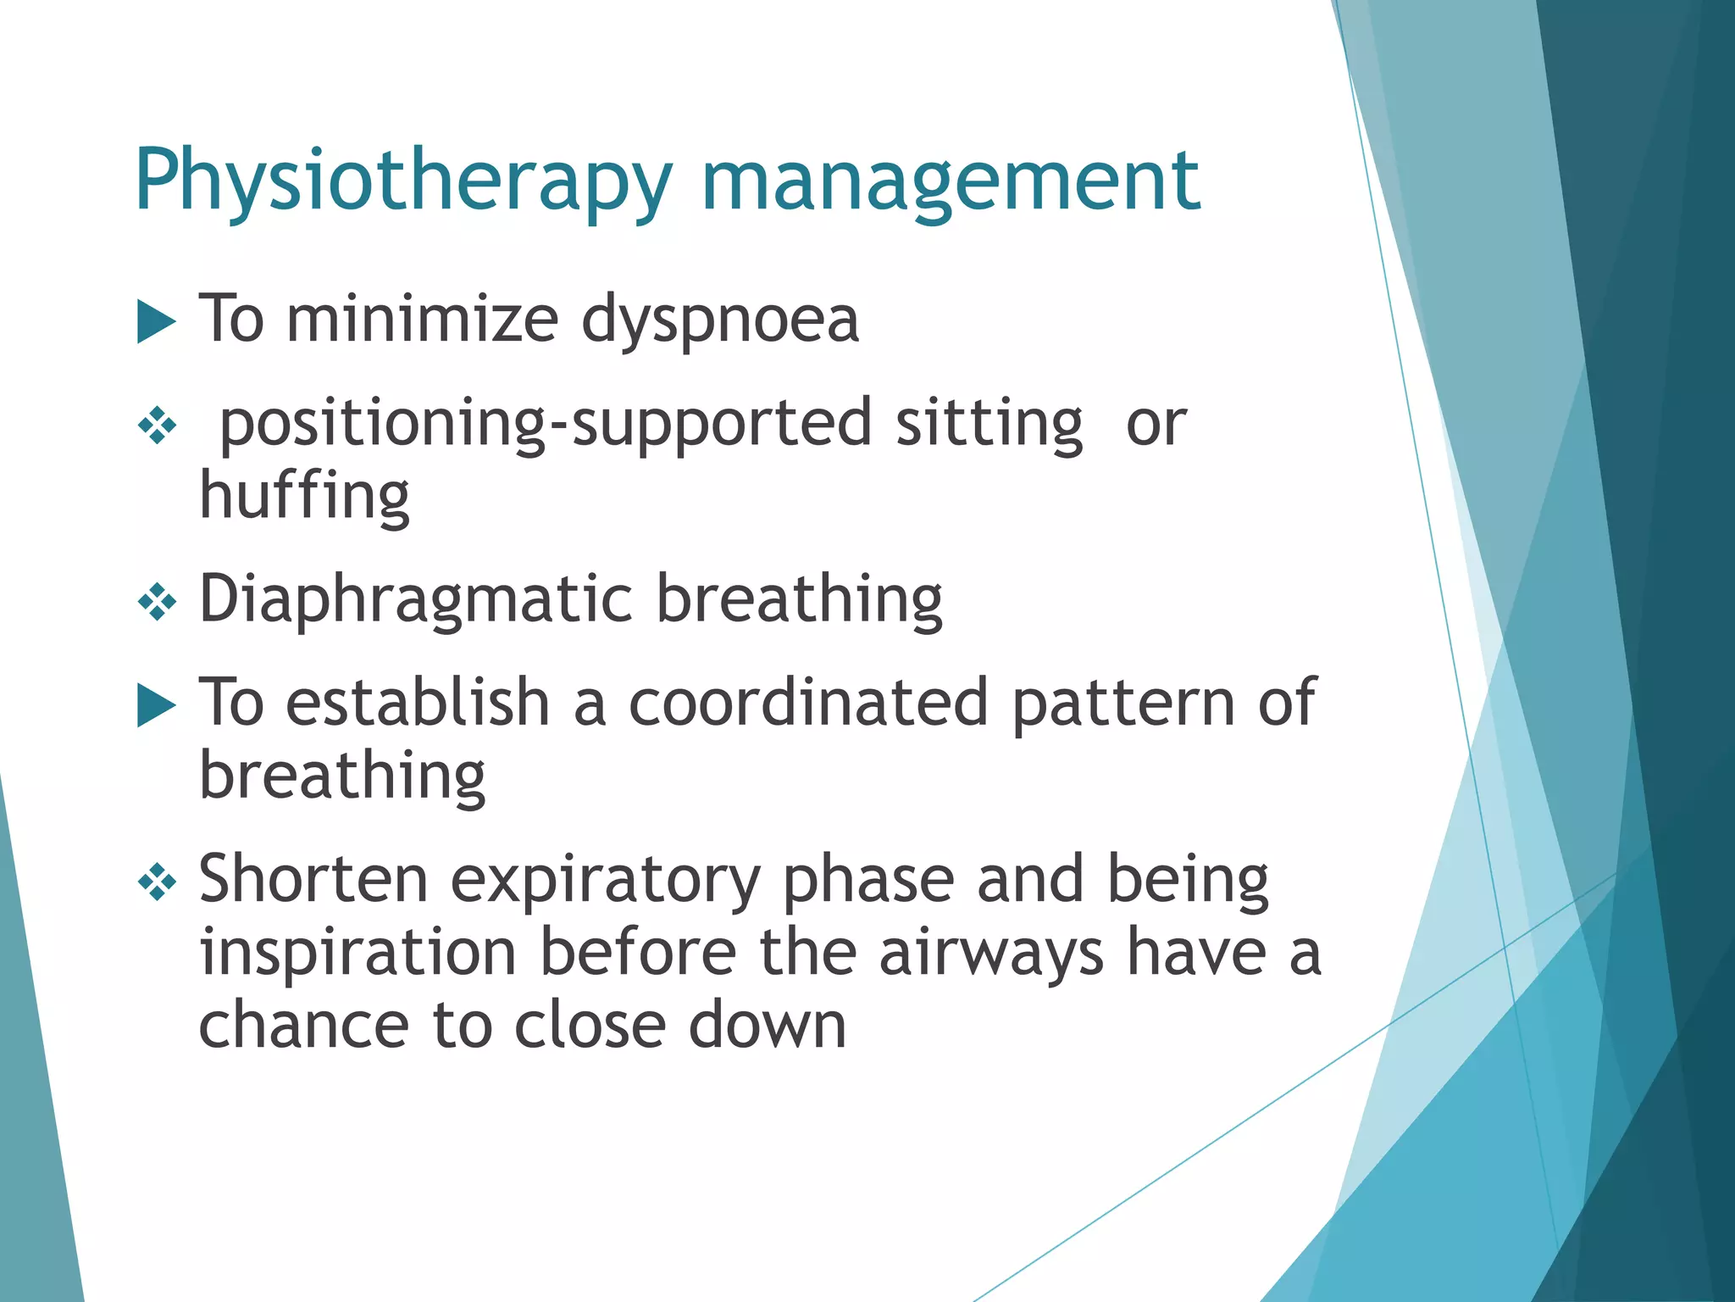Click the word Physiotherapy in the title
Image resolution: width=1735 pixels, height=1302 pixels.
point(403,181)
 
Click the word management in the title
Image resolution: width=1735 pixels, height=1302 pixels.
point(950,181)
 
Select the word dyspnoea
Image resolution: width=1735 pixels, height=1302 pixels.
point(720,320)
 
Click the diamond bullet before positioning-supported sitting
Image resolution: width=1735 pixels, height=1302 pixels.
point(157,425)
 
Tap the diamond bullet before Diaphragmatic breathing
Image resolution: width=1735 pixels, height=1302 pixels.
point(157,603)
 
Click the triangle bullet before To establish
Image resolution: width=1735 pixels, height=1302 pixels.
point(156,705)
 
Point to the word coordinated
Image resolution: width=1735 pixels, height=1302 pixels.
point(808,703)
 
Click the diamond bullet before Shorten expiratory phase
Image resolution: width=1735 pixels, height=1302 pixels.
point(157,884)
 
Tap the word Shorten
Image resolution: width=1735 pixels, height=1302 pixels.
point(313,879)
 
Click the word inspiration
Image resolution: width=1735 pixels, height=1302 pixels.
point(358,953)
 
